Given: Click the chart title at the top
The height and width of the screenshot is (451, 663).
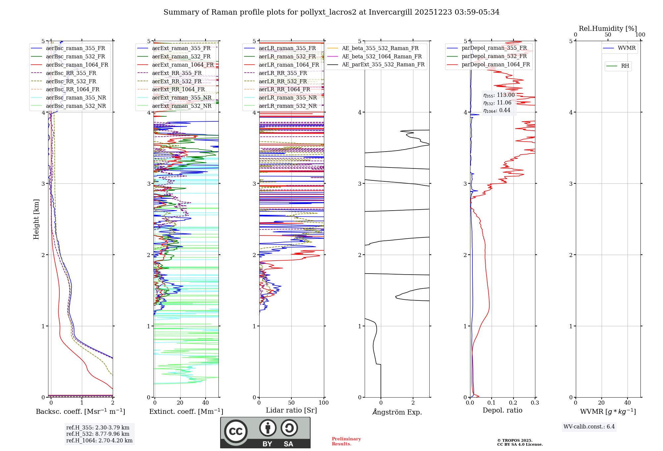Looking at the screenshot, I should (x=331, y=12).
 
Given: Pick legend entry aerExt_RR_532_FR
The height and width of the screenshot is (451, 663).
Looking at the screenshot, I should (x=177, y=81).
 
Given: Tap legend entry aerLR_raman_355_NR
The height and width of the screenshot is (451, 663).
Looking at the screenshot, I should (x=288, y=97).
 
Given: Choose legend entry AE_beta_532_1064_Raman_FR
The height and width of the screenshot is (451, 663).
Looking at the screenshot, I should (x=382, y=56).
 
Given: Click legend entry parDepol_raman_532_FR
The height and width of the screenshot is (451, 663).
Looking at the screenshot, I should (x=494, y=56).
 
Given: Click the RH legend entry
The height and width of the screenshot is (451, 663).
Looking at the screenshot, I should (x=625, y=66).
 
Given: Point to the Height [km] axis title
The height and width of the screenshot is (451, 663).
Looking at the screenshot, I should (x=36, y=219).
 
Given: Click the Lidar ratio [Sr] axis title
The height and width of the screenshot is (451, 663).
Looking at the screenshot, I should (x=291, y=410).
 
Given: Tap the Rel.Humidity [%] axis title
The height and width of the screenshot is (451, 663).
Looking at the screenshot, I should (x=608, y=29).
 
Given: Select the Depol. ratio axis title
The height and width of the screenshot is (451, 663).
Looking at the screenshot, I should (x=502, y=410).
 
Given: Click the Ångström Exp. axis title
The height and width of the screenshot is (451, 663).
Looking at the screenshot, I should (x=397, y=412).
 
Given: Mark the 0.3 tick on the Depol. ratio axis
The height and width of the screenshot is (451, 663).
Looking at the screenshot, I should (x=535, y=403).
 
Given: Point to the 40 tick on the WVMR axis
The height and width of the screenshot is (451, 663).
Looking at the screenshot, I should (x=627, y=403).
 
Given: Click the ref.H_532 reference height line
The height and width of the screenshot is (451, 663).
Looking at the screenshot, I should (x=97, y=434).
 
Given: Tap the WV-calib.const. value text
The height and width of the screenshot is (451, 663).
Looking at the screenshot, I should (x=589, y=427).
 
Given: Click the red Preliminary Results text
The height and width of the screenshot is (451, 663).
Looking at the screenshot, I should (x=346, y=441).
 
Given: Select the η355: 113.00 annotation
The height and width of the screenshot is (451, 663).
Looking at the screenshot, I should (x=499, y=95).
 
